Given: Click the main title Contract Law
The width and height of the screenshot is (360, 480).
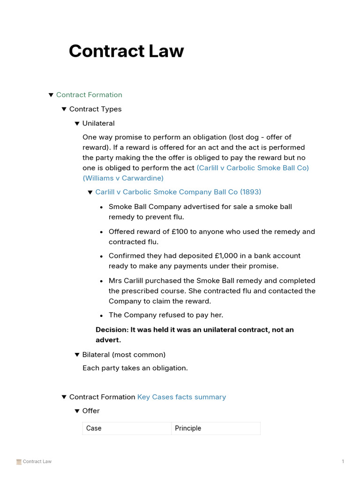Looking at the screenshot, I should click(x=126, y=51).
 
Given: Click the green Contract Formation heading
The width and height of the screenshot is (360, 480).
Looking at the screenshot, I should click(x=89, y=95).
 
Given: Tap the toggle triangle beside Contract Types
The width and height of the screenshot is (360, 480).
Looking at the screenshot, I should click(x=64, y=109).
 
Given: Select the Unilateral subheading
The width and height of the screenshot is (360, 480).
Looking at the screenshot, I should click(x=98, y=123).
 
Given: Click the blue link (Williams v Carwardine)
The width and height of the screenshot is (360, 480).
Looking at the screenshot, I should click(x=123, y=178).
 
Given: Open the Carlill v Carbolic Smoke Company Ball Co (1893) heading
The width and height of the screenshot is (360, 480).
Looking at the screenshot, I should click(x=178, y=192).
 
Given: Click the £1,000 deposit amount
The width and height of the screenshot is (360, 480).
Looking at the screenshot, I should click(x=225, y=256).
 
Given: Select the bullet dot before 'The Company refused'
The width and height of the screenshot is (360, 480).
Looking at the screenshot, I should click(x=101, y=316).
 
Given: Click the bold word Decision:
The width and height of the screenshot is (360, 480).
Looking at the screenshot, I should click(x=112, y=330).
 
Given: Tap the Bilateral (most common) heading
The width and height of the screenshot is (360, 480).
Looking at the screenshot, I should click(x=124, y=354).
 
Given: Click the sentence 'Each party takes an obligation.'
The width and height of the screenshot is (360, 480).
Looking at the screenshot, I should click(x=135, y=368).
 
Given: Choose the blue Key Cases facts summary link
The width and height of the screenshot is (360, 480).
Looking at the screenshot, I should click(x=181, y=397).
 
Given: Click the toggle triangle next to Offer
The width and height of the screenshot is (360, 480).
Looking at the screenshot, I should click(x=77, y=411).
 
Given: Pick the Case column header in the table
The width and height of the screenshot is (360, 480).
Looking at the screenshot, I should click(x=94, y=428).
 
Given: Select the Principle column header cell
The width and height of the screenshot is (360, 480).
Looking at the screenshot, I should click(x=188, y=428).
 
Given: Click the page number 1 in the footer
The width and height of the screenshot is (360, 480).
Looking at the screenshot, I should click(x=343, y=462).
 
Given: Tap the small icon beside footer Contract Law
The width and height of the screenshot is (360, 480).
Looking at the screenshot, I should click(x=19, y=462).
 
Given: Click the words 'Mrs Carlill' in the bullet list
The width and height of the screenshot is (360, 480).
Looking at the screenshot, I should click(x=125, y=281).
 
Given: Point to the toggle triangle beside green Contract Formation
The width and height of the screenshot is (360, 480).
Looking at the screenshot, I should click(x=51, y=95).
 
